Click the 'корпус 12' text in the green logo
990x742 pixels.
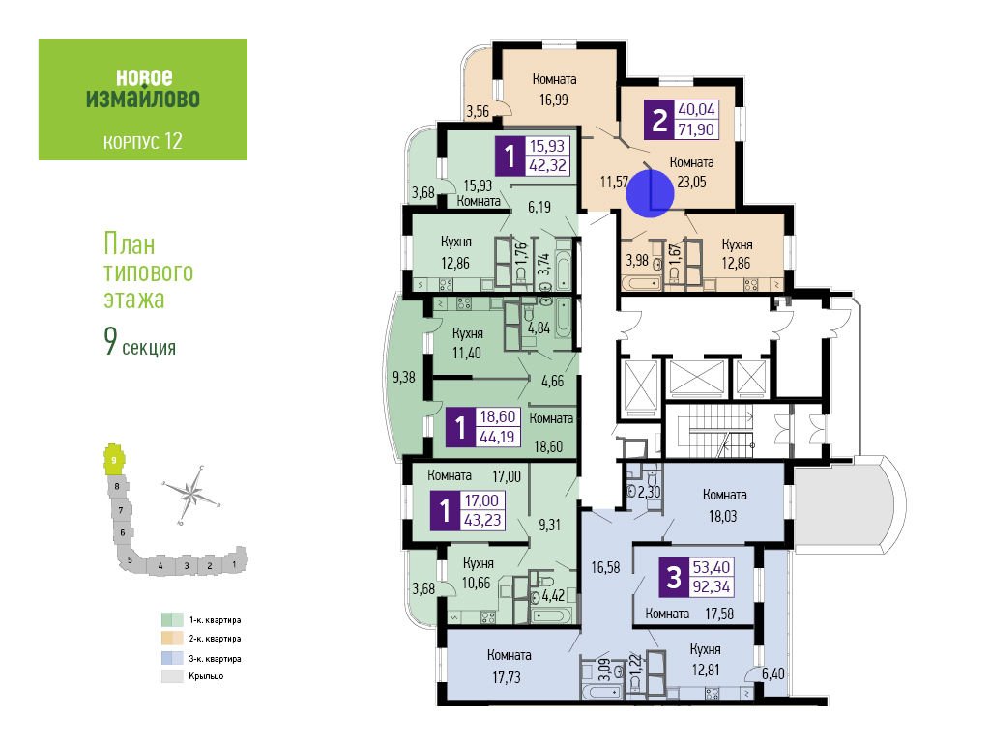143,141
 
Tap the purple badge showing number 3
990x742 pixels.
674,577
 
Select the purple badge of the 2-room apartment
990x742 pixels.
659,119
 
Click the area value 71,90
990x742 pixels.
696,129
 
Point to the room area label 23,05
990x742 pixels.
691,182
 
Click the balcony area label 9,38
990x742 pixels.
403,378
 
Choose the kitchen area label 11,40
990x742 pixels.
467,353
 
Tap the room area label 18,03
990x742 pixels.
722,516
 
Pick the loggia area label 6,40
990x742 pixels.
772,673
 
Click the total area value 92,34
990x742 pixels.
711,586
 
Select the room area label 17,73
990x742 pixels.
507,677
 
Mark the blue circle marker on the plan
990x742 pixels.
651,193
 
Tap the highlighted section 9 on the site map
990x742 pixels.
114,459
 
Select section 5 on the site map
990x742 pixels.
130,559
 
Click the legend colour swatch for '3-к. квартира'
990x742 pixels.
172,658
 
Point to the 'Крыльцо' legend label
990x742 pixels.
206,676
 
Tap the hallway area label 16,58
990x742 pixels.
605,567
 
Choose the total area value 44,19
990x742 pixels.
498,437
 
